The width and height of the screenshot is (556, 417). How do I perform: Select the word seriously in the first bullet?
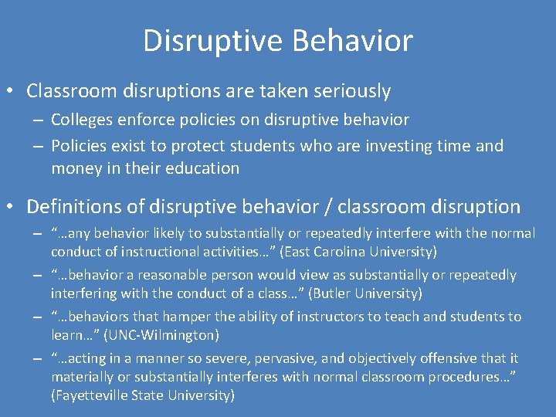pyautogui.click(x=351, y=91)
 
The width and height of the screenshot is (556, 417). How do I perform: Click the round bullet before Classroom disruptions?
pyautogui.click(x=12, y=91)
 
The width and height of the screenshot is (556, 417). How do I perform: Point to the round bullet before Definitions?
pyautogui.click(x=12, y=207)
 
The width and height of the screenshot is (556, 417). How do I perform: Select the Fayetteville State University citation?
pyautogui.click(x=143, y=395)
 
